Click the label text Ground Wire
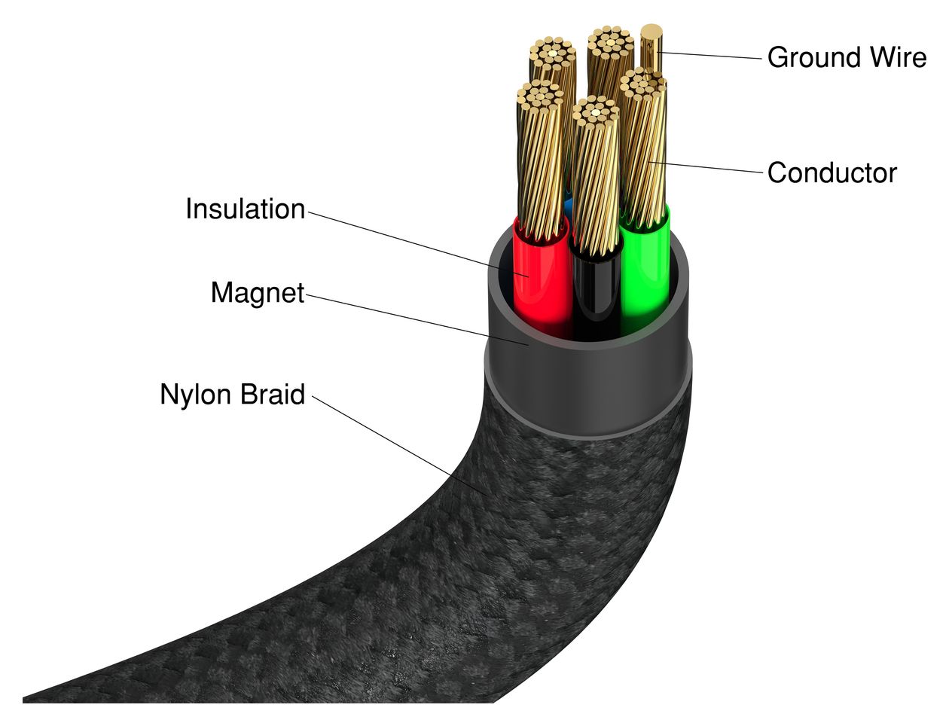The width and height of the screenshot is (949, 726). tap(846, 57)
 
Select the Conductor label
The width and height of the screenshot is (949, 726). tap(832, 173)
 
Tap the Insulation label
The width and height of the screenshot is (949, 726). tap(246, 209)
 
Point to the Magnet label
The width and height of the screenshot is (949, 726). tap(258, 293)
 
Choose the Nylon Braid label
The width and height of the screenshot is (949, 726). tap(232, 394)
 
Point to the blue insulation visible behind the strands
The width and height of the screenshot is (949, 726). tap(569, 205)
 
